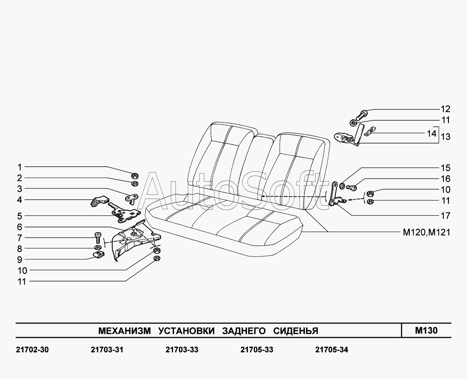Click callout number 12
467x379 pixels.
click(445, 109)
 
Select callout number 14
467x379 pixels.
click(432, 133)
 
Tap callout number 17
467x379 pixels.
click(445, 215)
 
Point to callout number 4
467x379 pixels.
click(19, 200)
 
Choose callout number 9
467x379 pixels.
click(19, 260)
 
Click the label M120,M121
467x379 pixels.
click(426, 232)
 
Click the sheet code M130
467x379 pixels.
click(426, 330)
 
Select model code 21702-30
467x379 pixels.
click(32, 350)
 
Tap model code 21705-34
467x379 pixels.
click(331, 350)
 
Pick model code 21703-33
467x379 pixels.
click(182, 350)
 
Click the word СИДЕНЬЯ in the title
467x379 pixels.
click(296, 331)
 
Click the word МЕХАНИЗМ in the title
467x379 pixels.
click(124, 331)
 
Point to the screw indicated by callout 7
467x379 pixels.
click(97, 237)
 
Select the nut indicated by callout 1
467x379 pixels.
click(134, 176)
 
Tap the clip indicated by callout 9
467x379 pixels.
click(99, 254)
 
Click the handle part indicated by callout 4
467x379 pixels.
click(99, 201)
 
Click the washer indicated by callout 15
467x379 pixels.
click(342, 186)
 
